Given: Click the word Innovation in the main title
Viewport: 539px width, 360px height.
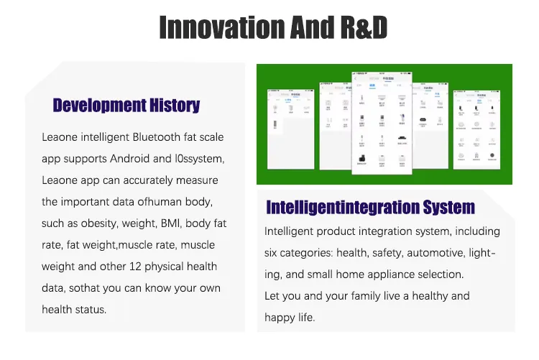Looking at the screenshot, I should coord(218,27).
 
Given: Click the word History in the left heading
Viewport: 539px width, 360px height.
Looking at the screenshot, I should coord(174,106).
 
